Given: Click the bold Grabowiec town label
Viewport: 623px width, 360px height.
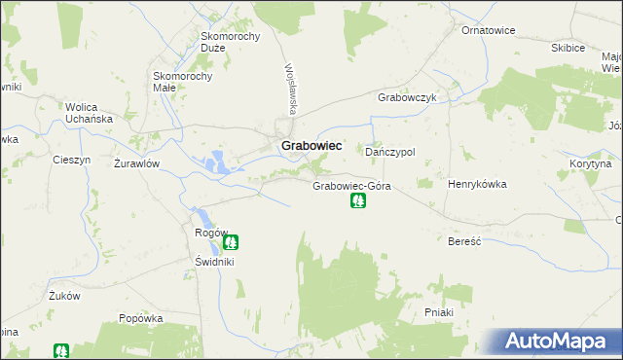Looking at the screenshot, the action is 311,145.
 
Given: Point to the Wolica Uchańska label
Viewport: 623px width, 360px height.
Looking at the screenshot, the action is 90,113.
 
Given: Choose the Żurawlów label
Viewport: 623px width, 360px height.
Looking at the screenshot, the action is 136,163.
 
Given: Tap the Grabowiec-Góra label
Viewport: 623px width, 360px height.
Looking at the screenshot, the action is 351,185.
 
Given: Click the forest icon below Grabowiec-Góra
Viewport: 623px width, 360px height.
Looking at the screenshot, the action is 358,201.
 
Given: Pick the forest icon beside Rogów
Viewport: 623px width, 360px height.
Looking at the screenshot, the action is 232,241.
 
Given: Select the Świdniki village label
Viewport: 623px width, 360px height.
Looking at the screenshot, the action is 214,262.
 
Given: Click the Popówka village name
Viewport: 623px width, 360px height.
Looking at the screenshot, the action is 139,318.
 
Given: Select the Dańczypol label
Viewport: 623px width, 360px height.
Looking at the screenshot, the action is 390,153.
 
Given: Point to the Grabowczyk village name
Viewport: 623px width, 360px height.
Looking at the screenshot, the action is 406,98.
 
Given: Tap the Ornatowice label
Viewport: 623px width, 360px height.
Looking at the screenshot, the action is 488,30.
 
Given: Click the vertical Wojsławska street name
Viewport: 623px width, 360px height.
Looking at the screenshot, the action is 289,87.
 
